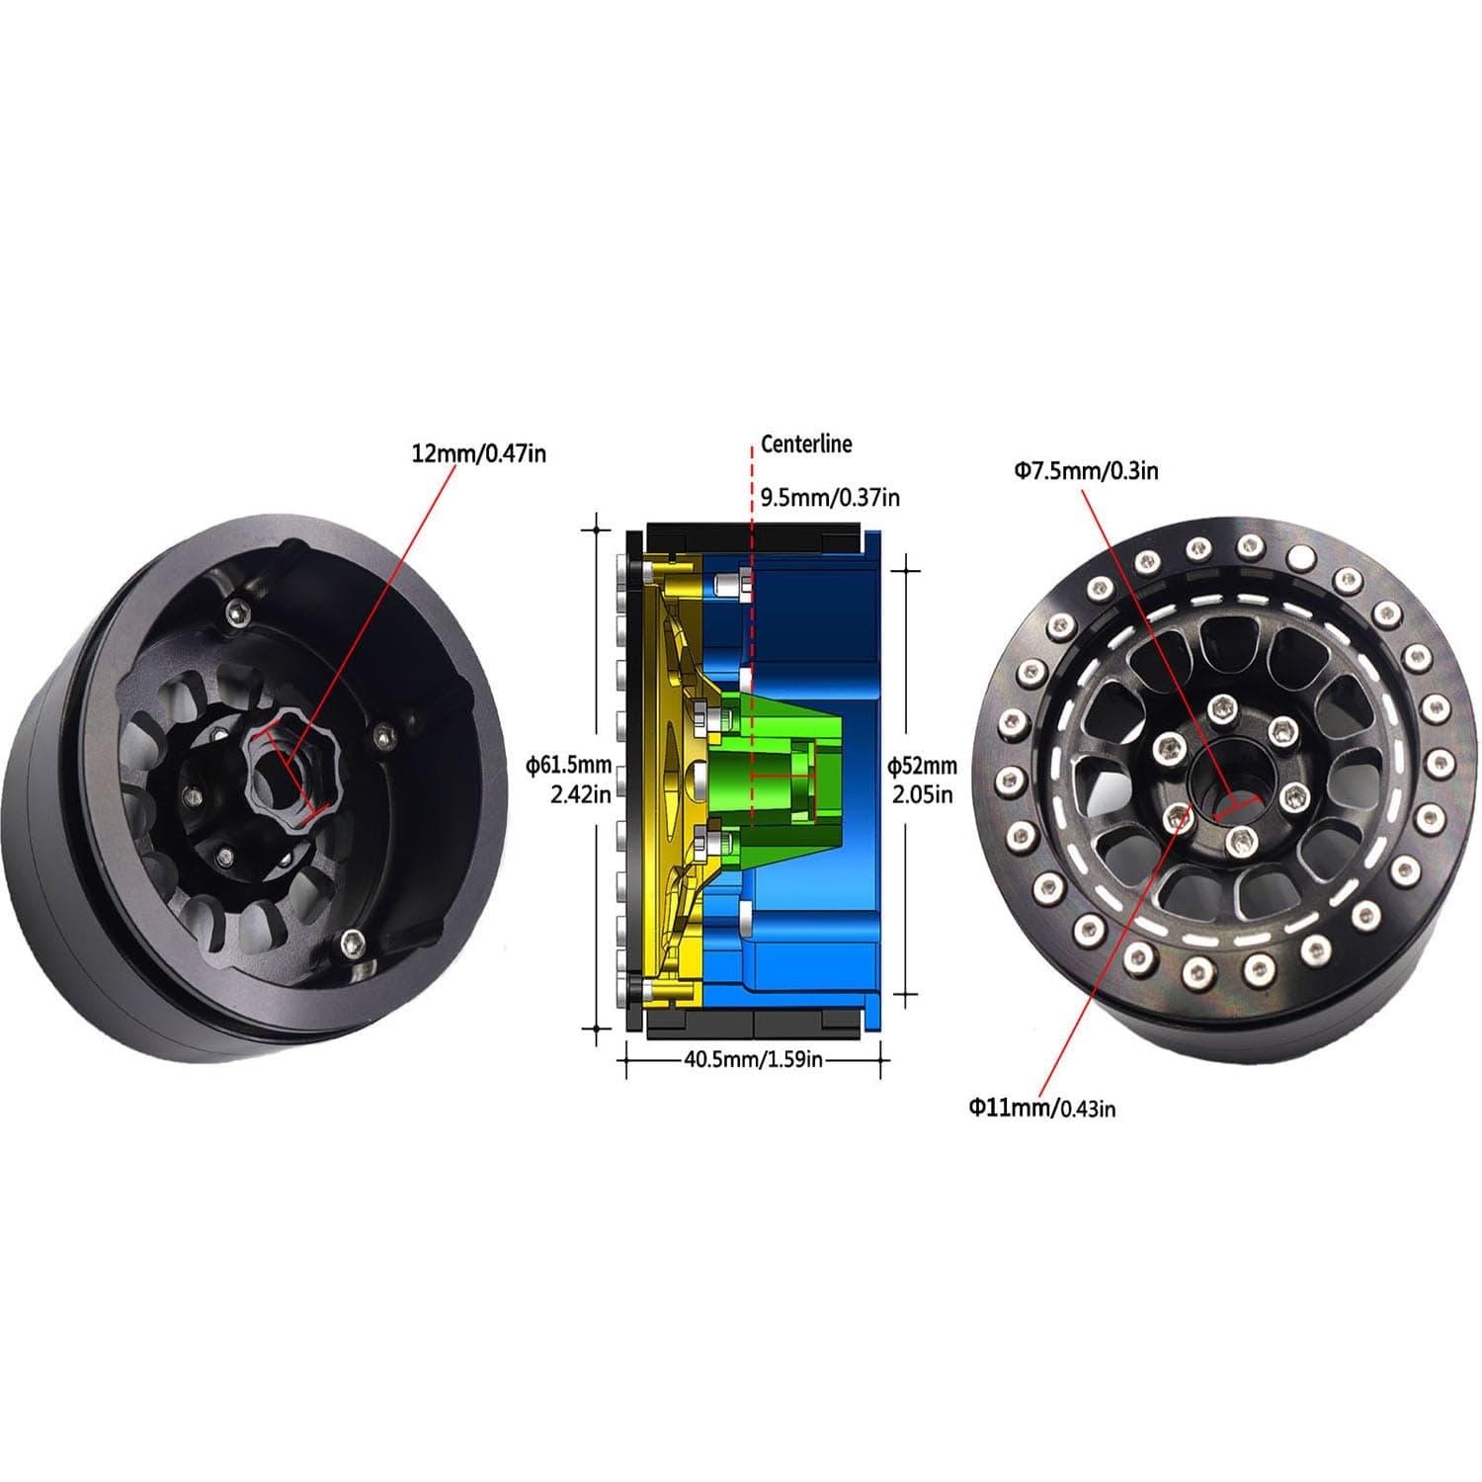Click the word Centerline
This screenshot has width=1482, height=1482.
point(805,445)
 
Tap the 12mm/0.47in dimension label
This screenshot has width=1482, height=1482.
point(478,453)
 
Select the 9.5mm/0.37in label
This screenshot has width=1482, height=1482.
point(830,497)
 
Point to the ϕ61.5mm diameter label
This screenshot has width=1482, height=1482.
point(569,765)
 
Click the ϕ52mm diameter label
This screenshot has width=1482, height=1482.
point(922,765)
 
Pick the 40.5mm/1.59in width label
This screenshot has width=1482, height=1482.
point(754,1060)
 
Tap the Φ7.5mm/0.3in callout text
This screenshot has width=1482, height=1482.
point(1086,470)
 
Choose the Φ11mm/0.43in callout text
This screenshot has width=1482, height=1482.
point(1041,1108)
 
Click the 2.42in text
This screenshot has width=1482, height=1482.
point(581,793)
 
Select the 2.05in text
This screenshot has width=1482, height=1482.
point(923,793)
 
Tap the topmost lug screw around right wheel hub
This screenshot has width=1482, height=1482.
point(1223,707)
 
